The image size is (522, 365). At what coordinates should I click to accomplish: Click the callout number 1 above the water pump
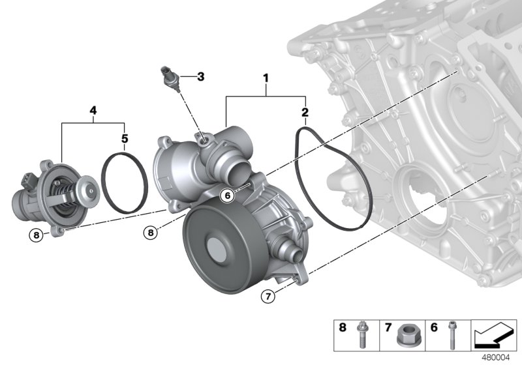[266, 78]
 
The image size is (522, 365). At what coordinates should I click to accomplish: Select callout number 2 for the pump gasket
[305, 112]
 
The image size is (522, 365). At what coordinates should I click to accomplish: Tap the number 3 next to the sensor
[200, 76]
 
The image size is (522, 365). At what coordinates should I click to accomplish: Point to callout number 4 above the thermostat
[93, 111]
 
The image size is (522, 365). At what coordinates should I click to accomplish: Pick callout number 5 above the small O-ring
[125, 138]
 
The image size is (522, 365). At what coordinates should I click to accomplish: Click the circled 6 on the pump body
[227, 194]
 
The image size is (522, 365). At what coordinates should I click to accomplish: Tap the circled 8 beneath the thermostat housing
[37, 234]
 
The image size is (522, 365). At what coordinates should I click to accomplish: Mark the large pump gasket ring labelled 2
[333, 179]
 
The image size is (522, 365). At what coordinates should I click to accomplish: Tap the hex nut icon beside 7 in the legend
[407, 336]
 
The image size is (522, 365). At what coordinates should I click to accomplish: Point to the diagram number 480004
[497, 357]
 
